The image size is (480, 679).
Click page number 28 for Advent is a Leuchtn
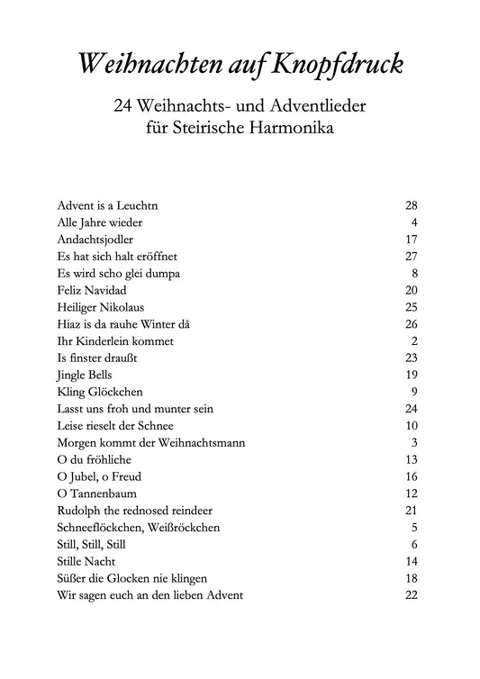click(412, 205)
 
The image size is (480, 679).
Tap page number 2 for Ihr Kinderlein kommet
click(415, 341)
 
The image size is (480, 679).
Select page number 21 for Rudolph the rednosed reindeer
click(412, 511)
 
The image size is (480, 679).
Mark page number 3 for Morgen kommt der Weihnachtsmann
click(415, 442)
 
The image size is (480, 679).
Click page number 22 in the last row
click(412, 595)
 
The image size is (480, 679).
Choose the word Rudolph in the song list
click(77, 511)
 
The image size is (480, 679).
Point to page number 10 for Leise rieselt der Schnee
click(412, 426)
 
